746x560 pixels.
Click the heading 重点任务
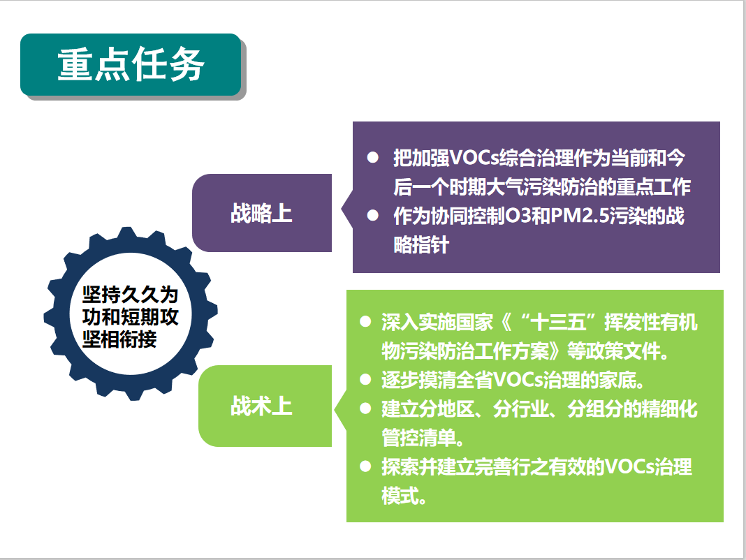tap(131, 64)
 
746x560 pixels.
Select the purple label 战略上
tap(261, 213)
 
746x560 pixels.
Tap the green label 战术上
tap(261, 406)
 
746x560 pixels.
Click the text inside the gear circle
tap(130, 316)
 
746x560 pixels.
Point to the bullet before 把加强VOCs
tap(372, 158)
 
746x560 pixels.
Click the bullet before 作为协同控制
tap(372, 216)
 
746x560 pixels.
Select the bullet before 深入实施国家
tap(365, 322)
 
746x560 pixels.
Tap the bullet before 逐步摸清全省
tap(365, 380)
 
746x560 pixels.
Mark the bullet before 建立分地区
tap(365, 408)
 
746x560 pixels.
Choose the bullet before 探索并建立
tap(365, 466)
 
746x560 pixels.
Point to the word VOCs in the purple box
tap(474, 158)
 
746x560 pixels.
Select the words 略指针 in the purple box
tap(421, 244)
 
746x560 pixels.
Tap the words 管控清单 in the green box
tap(418, 438)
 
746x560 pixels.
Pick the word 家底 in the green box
tap(617, 380)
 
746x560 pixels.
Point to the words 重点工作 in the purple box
tap(653, 186)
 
